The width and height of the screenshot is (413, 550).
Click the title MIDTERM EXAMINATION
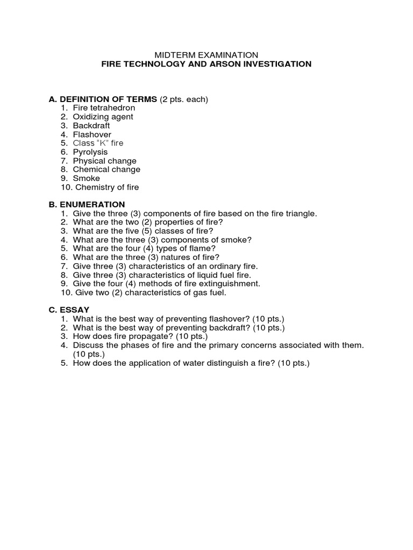[x=206, y=55]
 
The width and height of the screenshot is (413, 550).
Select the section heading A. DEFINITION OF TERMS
[x=103, y=99]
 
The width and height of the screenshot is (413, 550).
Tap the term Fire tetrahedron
[x=104, y=108]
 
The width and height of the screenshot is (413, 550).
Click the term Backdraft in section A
[x=91, y=126]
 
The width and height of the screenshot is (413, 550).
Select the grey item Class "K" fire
[x=98, y=143]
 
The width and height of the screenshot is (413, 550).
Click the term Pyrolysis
[x=90, y=152]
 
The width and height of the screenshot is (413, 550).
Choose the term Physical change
[x=104, y=161]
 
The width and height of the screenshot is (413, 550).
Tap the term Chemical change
[x=106, y=169]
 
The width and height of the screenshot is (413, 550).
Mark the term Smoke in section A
[x=86, y=178]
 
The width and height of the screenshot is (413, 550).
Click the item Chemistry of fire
[x=107, y=187]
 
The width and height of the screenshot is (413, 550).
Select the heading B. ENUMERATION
[x=87, y=205]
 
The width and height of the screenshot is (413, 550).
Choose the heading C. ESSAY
[x=69, y=310]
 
